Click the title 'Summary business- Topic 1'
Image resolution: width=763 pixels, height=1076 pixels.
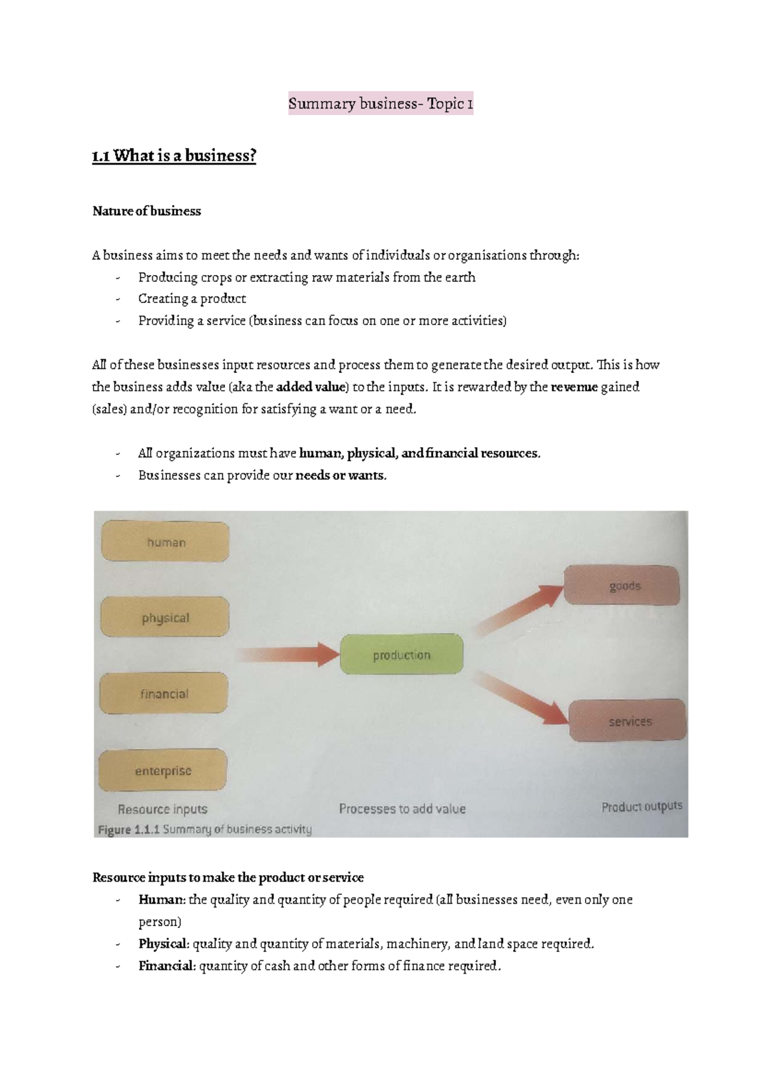click(x=380, y=104)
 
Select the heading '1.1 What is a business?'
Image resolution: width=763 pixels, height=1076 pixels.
click(x=174, y=156)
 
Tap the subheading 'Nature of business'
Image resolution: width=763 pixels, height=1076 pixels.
click(x=146, y=211)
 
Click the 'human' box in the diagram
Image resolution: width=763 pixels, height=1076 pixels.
click(x=165, y=542)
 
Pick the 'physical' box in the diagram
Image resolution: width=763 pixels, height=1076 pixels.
click(x=165, y=617)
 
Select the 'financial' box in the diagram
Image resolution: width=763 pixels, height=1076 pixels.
click(x=164, y=694)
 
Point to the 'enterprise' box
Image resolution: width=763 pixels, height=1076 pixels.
click(x=163, y=770)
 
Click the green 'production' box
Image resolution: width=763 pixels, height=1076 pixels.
click(x=401, y=655)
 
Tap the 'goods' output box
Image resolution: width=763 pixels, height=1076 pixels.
click(x=622, y=586)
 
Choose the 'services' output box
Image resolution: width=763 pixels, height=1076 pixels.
click(x=628, y=721)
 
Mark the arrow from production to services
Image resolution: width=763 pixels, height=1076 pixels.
click(x=521, y=697)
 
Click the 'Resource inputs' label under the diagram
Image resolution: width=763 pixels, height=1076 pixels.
click(x=162, y=809)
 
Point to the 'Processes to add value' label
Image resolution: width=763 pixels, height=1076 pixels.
click(x=402, y=809)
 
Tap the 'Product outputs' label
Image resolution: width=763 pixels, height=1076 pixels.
click(x=642, y=807)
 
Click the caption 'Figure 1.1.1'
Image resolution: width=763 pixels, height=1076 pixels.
click(x=129, y=830)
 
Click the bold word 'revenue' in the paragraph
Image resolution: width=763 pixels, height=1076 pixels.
click(x=575, y=387)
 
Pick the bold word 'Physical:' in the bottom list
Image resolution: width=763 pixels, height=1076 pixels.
click(x=163, y=944)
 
